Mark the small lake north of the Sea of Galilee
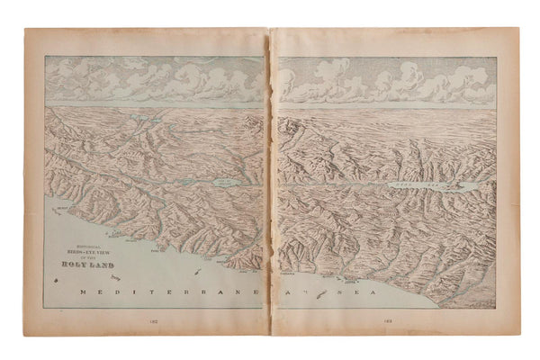click(147, 116)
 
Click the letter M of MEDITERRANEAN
click(82, 294)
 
